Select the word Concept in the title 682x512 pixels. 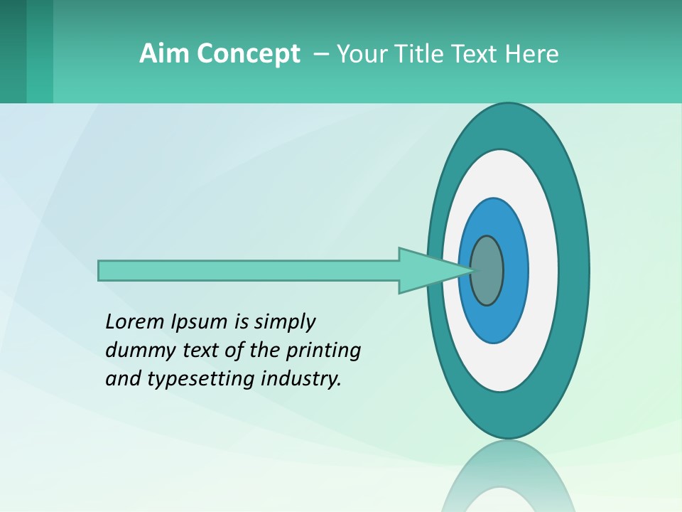(x=249, y=54)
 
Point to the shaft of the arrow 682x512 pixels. (x=249, y=271)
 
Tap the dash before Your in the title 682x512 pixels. (x=320, y=53)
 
